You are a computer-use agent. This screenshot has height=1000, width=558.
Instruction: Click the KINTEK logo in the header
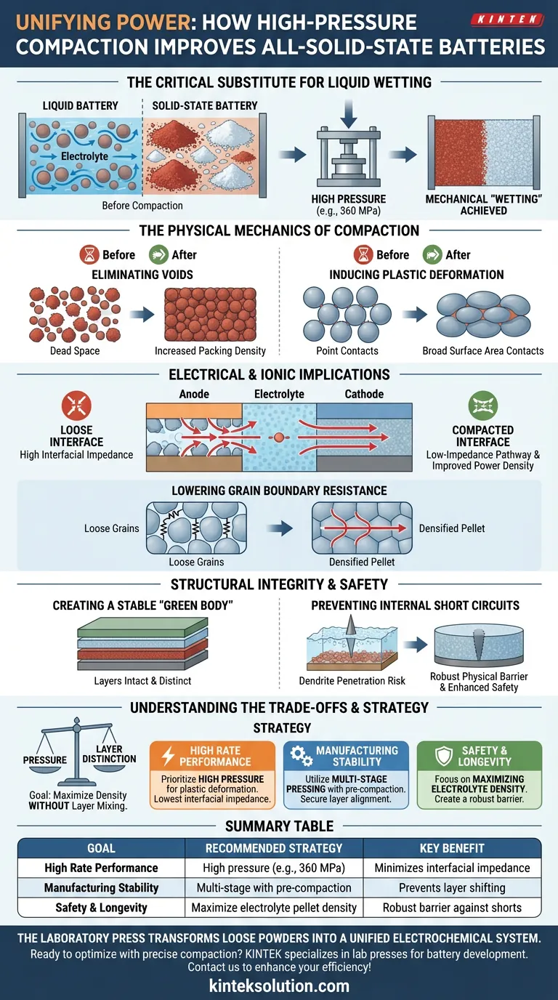pos(508,19)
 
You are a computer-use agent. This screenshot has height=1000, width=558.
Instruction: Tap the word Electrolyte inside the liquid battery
pos(84,156)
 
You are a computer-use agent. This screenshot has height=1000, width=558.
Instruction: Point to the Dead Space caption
pos(75,351)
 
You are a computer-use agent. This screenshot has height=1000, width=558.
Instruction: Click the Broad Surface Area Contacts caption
pos(483,351)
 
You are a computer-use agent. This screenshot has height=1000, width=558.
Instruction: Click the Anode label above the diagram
pos(194,394)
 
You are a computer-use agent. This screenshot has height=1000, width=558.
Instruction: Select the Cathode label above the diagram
pos(364,394)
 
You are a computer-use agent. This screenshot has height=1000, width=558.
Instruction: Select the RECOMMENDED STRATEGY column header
pos(274,848)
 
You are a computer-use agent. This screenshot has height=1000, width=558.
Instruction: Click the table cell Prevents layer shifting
pos(452,887)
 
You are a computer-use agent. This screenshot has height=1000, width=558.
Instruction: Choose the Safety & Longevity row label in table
pos(101,908)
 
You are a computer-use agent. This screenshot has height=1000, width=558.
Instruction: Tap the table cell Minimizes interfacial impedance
pos(452,868)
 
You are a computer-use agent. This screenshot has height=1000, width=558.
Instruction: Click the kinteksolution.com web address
pos(279,986)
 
